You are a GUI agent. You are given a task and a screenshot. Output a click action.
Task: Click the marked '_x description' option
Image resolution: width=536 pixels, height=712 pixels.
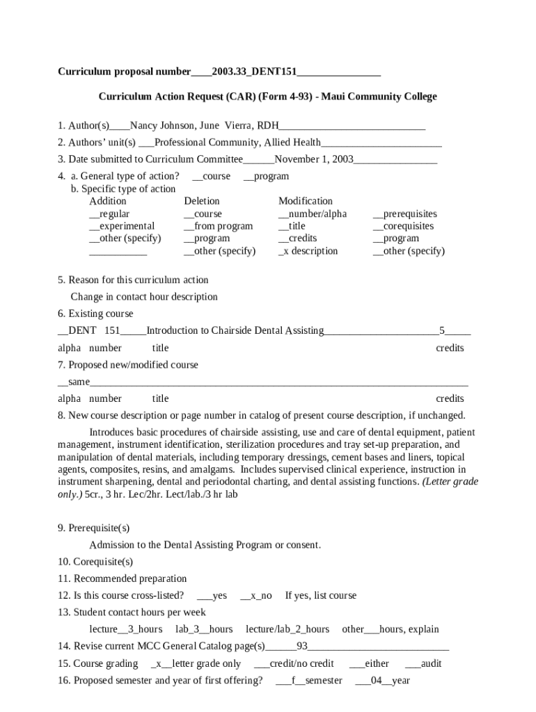tap(308, 251)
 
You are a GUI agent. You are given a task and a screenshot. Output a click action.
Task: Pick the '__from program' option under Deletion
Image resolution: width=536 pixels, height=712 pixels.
tap(218, 226)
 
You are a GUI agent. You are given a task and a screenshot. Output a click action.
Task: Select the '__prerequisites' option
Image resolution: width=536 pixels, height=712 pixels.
tap(404, 213)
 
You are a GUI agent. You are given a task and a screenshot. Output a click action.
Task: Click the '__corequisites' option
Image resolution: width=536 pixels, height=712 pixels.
tap(403, 226)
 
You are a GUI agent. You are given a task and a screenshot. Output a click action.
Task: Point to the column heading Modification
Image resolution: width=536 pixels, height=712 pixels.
tap(305, 201)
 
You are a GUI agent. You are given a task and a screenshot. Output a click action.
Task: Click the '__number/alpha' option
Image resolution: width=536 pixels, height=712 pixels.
tap(312, 213)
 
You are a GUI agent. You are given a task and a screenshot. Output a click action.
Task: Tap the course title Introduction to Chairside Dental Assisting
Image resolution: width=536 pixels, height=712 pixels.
tap(235, 331)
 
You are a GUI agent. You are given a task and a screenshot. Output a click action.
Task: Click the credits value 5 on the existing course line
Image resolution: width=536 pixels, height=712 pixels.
tap(441, 331)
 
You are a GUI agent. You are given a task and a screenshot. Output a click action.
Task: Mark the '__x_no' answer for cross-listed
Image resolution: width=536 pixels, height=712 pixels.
tap(255, 596)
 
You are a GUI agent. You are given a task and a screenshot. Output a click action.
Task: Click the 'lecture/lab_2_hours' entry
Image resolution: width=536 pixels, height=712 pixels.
tap(287, 629)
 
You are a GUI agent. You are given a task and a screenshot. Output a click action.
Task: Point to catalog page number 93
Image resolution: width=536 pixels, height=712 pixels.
tap(302, 646)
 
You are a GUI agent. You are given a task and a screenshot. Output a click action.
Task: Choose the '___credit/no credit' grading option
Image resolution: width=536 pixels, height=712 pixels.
tap(294, 663)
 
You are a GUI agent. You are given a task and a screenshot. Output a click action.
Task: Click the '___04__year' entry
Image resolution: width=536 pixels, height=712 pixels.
tap(382, 681)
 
